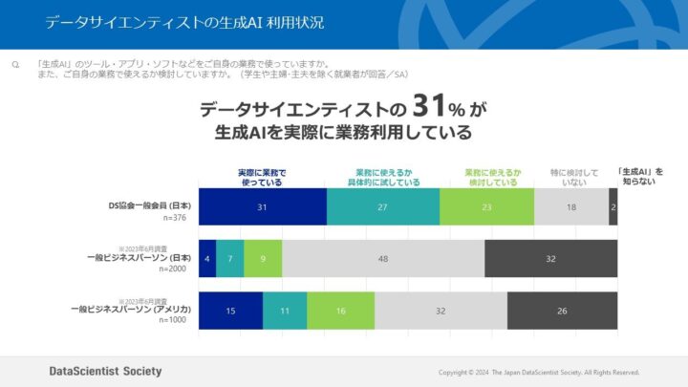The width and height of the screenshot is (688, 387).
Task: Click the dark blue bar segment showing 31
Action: coord(262,206)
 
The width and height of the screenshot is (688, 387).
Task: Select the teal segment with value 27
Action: coord(383,206)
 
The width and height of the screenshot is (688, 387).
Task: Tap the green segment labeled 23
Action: coord(486,206)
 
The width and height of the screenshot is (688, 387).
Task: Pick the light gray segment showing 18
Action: coord(571,206)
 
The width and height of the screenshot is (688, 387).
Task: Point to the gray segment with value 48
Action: coord(383,258)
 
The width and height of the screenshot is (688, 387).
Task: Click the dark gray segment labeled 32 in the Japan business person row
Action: coord(550,258)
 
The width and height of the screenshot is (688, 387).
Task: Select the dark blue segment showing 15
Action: coord(230,311)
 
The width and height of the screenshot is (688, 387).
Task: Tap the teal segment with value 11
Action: coord(285,311)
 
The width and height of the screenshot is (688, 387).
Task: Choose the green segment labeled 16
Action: coord(341,311)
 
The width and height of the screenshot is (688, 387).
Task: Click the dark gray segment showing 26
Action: coord(562,311)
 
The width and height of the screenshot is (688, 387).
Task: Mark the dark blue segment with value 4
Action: coord(206,258)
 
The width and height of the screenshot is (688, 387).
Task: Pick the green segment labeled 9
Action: coord(263,258)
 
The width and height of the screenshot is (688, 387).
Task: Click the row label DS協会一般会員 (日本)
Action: coord(149,204)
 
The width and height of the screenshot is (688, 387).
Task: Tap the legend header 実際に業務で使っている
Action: coord(262,177)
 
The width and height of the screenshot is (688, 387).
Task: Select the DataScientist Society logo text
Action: coord(105,371)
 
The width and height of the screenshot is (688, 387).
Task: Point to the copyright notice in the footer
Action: coord(539,372)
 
